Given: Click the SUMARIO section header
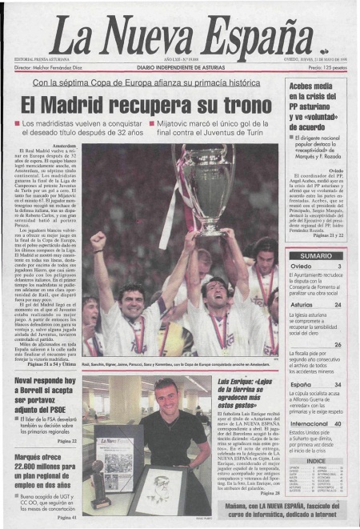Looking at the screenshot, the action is (316, 255).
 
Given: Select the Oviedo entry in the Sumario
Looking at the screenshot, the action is (302, 267).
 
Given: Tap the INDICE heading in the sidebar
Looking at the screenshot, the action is (316, 461).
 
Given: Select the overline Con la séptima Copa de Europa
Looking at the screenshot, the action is (146, 83).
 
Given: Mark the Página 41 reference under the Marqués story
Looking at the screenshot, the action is (67, 518).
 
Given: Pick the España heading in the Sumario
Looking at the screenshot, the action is (301, 385).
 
